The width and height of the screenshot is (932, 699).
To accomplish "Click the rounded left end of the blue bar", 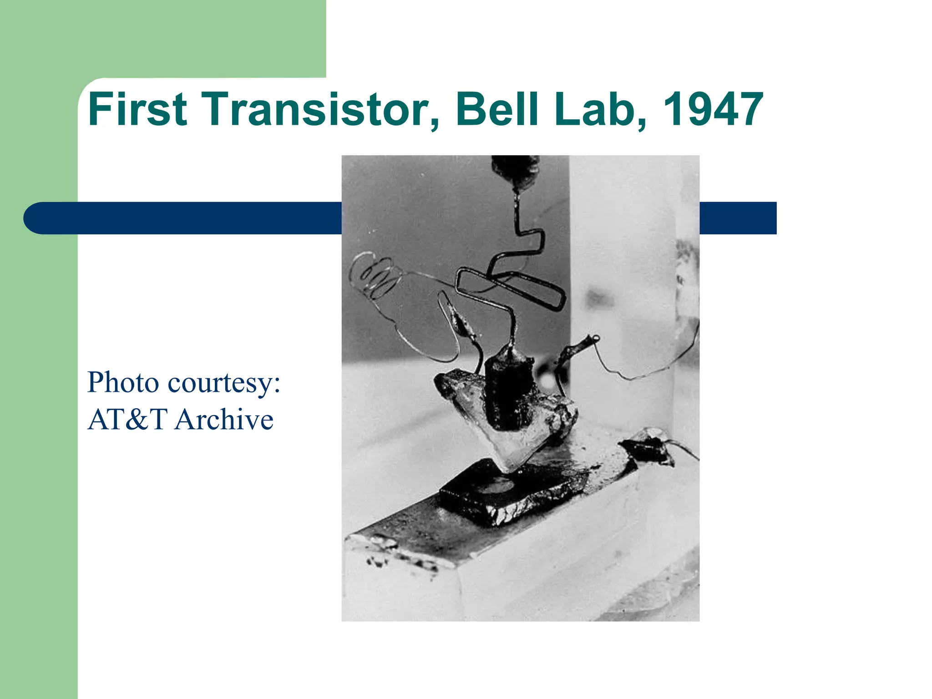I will point(39,218).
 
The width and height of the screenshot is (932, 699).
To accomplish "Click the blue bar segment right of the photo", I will point(737,218).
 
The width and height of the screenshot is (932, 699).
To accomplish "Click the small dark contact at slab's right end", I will point(646,448).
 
